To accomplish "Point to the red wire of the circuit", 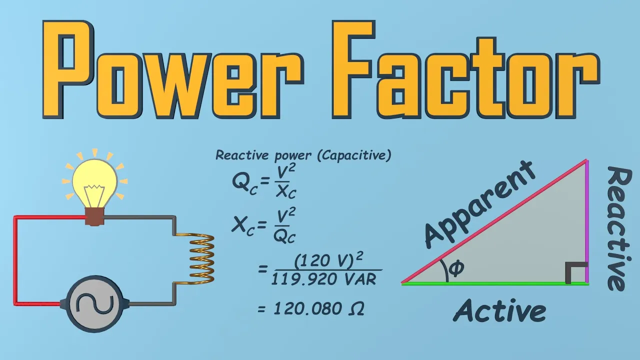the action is coord(16,260).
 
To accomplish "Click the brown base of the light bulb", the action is coord(94,216).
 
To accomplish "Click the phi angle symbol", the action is coord(456,268).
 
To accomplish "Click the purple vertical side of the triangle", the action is coord(586,220).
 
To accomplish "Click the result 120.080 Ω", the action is coord(318,308).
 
